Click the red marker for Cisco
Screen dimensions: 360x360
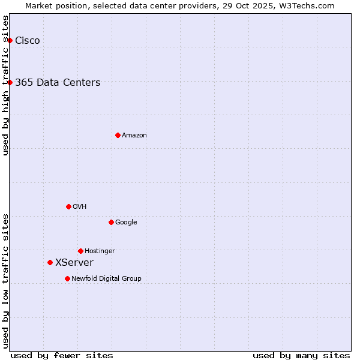10,40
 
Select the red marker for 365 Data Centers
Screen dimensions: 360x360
10,82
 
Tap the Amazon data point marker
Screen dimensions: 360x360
118,135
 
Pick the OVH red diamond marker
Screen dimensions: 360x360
68,206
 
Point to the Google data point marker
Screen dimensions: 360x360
111,222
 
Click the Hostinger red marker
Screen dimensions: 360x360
80,251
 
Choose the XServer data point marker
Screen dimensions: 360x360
50,262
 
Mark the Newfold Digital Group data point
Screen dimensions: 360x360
67,278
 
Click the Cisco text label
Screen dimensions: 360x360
28,41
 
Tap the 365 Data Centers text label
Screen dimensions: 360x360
58,83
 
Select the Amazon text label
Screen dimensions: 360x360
134,136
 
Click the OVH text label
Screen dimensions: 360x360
80,207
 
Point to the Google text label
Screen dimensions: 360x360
126,223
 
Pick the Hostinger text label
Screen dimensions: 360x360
100,251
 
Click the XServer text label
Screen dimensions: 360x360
74,263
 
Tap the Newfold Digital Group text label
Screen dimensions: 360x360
106,279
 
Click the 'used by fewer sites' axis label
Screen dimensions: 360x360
62,355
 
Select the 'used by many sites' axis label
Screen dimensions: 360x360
301,355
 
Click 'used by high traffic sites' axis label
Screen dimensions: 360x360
6,85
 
